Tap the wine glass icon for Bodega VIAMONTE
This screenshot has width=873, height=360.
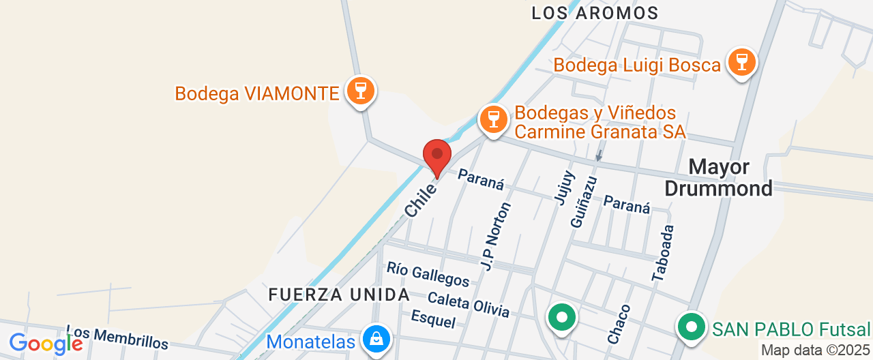point(360,91)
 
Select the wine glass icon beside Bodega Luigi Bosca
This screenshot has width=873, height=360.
point(741,63)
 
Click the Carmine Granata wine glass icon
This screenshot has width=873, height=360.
point(493,119)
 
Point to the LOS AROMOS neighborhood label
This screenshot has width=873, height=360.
point(595,13)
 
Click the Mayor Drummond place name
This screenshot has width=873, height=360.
point(719,177)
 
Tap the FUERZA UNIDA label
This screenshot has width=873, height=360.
point(339,295)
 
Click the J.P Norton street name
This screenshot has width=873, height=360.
point(495,235)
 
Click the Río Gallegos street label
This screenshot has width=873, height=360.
point(428,274)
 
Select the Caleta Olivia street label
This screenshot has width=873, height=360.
point(468,304)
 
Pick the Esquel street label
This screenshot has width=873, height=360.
point(433,319)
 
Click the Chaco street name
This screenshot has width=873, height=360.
point(619,324)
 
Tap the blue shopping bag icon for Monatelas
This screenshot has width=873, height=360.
point(375,337)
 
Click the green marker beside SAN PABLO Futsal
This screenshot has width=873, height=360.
point(692,326)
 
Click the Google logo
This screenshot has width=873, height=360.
point(45,344)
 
